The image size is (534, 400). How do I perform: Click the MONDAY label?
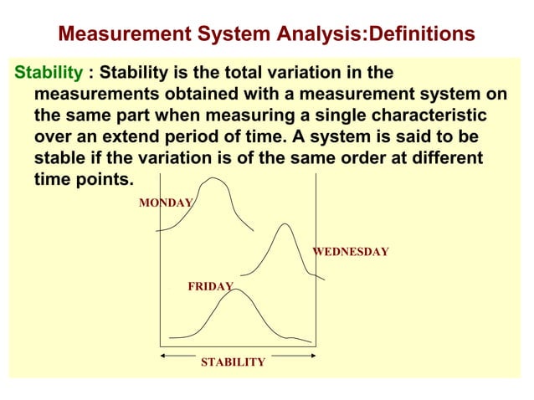pyautogui.click(x=166, y=203)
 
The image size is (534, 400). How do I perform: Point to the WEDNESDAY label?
pyautogui.click(x=350, y=251)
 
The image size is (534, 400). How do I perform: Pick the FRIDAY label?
pyautogui.click(x=210, y=286)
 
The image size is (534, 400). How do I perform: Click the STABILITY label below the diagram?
pyautogui.click(x=233, y=362)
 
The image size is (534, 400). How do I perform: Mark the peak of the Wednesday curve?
pyautogui.click(x=285, y=224)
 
